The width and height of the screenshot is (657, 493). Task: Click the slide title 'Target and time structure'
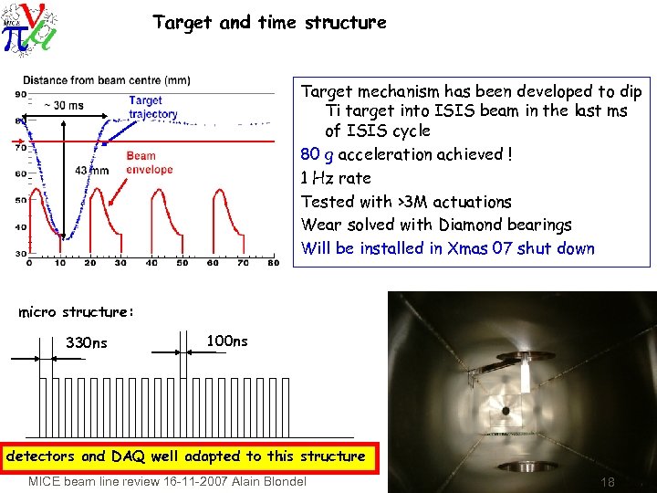click(269, 22)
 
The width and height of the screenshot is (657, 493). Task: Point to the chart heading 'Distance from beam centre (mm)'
click(107, 79)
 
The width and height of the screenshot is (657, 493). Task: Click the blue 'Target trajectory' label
click(152, 108)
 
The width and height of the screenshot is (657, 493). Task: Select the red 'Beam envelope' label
click(148, 163)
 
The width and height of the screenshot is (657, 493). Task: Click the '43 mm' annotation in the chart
click(92, 171)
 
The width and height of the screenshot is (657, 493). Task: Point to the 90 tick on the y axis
click(20, 95)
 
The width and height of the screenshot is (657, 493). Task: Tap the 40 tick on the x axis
click(151, 263)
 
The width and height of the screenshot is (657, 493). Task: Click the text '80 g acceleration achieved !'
click(406, 154)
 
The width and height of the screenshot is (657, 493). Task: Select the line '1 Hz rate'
click(336, 178)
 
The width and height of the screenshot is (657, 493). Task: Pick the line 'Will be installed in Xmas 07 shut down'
click(447, 248)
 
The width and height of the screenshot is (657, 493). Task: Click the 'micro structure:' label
click(77, 312)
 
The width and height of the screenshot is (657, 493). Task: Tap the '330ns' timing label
click(87, 343)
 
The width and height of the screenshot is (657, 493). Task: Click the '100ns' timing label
click(227, 341)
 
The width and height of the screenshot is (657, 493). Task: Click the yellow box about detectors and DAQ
click(187, 456)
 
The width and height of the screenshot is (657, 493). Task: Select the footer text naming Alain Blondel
click(167, 481)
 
